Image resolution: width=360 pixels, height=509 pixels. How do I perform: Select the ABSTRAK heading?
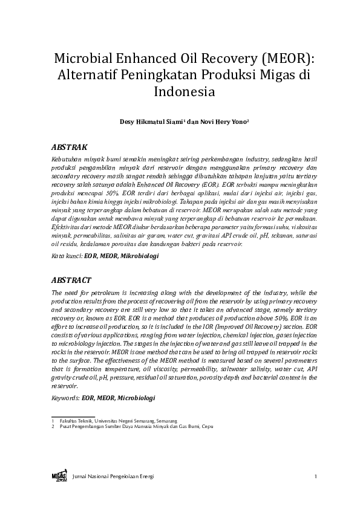(x=70, y=147)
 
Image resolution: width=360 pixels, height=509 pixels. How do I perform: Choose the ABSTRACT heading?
(x=71, y=280)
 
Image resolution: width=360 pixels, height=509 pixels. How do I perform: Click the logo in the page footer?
(x=59, y=476)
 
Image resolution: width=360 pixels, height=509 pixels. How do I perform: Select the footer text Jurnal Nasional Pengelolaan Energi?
(x=113, y=477)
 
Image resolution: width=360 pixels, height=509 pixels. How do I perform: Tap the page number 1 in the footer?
(x=316, y=477)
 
